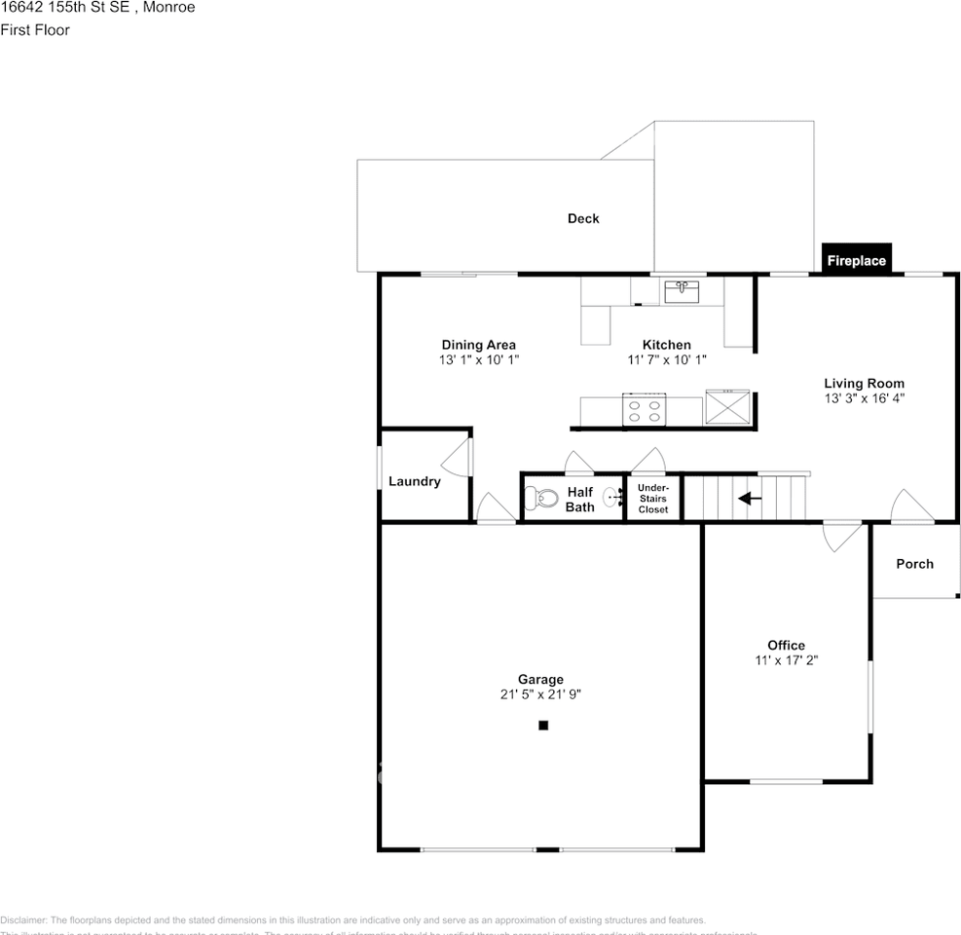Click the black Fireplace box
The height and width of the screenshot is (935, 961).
tap(856, 259)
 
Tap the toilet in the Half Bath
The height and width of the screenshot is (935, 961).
tap(539, 499)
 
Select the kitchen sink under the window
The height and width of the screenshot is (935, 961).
tap(683, 290)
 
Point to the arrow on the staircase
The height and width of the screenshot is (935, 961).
tap(749, 499)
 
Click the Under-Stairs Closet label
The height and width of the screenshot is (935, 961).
tap(653, 498)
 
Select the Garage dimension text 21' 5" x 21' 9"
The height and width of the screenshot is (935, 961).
tap(540, 694)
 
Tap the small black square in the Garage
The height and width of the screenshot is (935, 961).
tap(543, 725)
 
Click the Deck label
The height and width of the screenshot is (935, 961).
tap(583, 218)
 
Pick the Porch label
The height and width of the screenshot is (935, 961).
tap(914, 563)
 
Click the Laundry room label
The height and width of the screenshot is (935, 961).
tap(414, 481)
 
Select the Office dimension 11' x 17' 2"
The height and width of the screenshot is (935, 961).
tap(786, 659)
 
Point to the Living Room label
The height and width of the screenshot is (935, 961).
tap(864, 383)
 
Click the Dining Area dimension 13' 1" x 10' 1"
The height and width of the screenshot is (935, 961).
tap(478, 359)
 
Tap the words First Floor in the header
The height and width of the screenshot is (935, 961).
tap(35, 30)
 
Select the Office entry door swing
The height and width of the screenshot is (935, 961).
tap(840, 537)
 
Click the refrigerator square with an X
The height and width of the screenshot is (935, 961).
tap(728, 406)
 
